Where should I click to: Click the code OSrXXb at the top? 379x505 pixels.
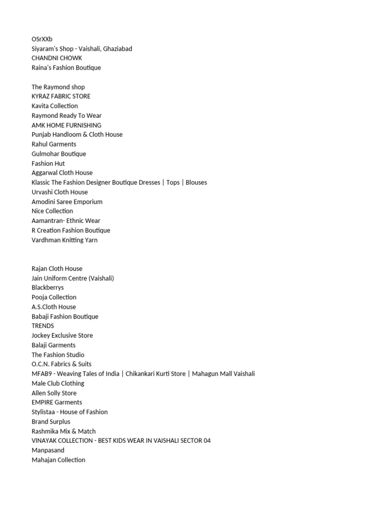[42, 39]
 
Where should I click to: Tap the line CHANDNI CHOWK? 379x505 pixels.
[57, 58]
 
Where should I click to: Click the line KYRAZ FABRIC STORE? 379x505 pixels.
[61, 96]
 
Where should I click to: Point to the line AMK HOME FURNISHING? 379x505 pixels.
[67, 125]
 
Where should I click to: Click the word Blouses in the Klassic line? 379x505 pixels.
[196, 182]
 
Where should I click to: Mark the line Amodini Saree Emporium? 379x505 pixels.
[67, 202]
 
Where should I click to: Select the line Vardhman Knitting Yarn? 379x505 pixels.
[65, 240]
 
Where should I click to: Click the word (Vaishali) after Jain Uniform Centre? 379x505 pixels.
[101, 278]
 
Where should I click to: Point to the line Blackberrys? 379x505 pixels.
[48, 288]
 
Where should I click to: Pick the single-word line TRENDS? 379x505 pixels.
[43, 326]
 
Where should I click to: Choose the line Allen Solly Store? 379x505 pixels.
[54, 393]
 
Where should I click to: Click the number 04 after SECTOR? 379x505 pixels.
[206, 440]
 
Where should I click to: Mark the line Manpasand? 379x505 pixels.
[48, 450]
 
